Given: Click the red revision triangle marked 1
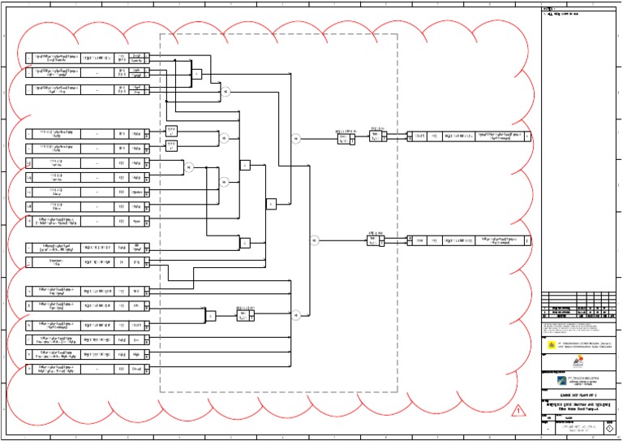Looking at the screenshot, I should click(516, 412).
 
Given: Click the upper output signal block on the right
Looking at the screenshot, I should click(469, 136).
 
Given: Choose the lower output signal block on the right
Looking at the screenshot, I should click(469, 240).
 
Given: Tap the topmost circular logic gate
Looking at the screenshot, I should click(226, 92).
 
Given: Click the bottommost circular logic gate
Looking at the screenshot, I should click(296, 314).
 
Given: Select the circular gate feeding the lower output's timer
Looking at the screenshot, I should click(314, 240).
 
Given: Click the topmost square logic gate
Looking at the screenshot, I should click(196, 75).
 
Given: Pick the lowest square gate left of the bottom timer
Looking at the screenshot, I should click(210, 315).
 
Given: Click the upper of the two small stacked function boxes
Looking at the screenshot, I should click(171, 130).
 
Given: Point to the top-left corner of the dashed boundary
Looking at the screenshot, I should click(160, 35).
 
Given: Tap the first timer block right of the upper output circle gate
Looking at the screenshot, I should click(346, 139).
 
